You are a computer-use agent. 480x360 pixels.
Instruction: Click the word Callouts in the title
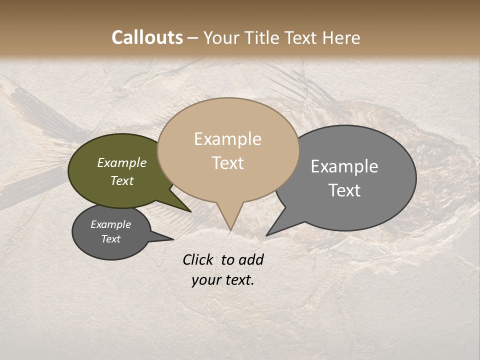click(x=147, y=37)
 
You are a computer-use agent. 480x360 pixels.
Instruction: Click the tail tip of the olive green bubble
click(x=190, y=211)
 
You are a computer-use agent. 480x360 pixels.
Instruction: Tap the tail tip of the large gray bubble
click(x=267, y=235)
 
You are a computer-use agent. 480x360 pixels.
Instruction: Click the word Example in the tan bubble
click(x=228, y=139)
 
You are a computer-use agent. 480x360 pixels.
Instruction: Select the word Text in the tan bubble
click(x=228, y=163)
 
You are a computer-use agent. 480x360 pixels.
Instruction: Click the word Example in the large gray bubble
click(x=344, y=166)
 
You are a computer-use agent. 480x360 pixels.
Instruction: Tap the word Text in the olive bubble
click(x=122, y=180)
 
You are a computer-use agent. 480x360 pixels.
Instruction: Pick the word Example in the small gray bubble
click(x=110, y=224)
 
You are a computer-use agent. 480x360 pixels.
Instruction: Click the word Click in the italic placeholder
click(x=198, y=259)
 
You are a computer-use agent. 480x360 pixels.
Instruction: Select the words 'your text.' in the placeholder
click(x=223, y=280)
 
